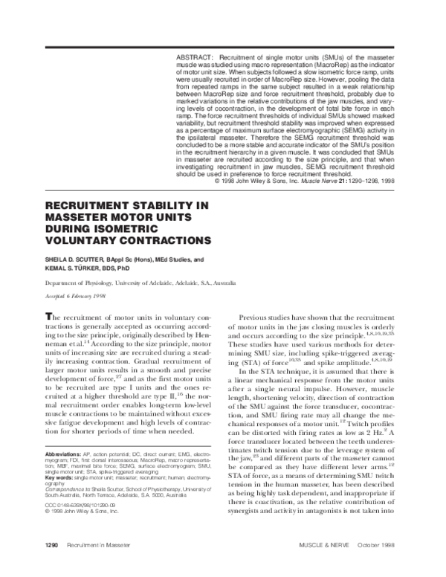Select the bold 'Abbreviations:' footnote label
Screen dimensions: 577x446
(x=45, y=473)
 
